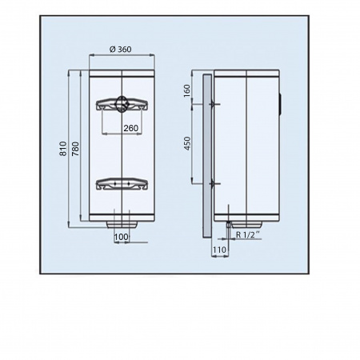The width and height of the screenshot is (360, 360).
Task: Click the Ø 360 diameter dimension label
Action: (121, 50)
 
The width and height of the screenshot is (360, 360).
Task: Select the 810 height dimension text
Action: (63, 149)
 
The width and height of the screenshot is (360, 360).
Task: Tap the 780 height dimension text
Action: (75, 149)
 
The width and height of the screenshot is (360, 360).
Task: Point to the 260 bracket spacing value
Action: (131, 128)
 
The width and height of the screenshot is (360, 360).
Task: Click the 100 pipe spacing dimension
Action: (122, 237)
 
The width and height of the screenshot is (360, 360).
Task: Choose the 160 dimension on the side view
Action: (187, 91)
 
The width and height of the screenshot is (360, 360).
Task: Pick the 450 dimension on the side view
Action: (188, 143)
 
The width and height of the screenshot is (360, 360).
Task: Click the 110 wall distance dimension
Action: (219, 250)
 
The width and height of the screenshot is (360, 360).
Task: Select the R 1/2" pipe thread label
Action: (248, 235)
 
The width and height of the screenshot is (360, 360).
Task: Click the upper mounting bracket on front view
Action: (122, 104)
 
